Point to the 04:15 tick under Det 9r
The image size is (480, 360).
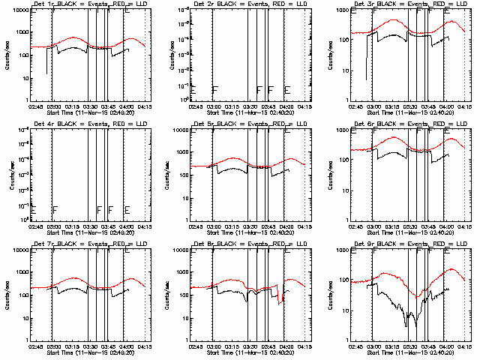465,347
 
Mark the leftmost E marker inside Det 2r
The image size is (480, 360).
193,90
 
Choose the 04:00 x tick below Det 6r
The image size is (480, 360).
447,227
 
